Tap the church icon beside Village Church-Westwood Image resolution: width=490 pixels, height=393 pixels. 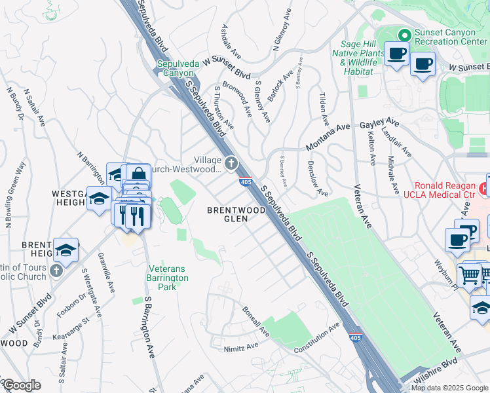click(231, 162)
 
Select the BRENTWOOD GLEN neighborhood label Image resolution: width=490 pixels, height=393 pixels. click(236, 215)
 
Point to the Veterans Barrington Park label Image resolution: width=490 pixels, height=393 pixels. click(168, 273)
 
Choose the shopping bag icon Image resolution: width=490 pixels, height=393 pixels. click(139, 176)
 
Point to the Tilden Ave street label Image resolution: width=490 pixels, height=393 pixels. click(324, 108)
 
